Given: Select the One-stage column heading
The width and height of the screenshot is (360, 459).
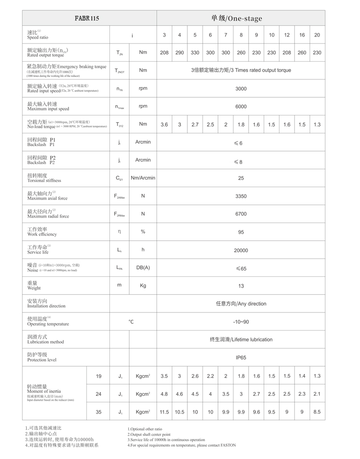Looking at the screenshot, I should tap(237, 18).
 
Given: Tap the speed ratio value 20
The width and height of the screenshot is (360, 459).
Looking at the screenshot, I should tap(317, 35).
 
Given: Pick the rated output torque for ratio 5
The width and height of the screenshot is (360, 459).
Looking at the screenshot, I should tap(195, 53).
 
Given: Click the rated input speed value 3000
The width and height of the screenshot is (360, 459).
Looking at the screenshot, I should tap(241, 89).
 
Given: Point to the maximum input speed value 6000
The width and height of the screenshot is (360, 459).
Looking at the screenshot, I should tap(241, 107).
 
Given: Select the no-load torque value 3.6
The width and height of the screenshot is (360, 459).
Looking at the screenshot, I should tap(164, 125).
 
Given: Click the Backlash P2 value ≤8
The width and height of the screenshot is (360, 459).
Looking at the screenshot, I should tap(238, 161).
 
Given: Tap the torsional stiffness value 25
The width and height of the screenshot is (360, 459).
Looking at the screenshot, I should tap(241, 178).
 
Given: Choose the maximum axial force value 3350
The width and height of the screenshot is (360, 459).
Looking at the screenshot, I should tap(241, 196).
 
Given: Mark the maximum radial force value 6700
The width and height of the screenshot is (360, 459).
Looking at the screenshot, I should tap(241, 214).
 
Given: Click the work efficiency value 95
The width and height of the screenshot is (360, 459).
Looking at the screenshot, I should tap(241, 232).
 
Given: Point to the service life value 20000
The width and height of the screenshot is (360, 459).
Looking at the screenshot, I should tap(241, 250).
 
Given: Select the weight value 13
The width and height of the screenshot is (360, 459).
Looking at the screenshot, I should tap(241, 286).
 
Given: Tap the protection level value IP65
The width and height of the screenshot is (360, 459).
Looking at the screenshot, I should tap(241, 357).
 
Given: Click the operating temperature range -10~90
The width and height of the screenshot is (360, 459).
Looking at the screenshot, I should tap(241, 322).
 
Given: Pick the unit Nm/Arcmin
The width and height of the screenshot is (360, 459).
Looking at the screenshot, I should tap(143, 178).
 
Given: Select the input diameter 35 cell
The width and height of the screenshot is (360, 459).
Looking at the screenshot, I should tap(99, 412).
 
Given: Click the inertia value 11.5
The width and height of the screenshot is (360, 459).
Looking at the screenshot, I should tap(164, 412).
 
